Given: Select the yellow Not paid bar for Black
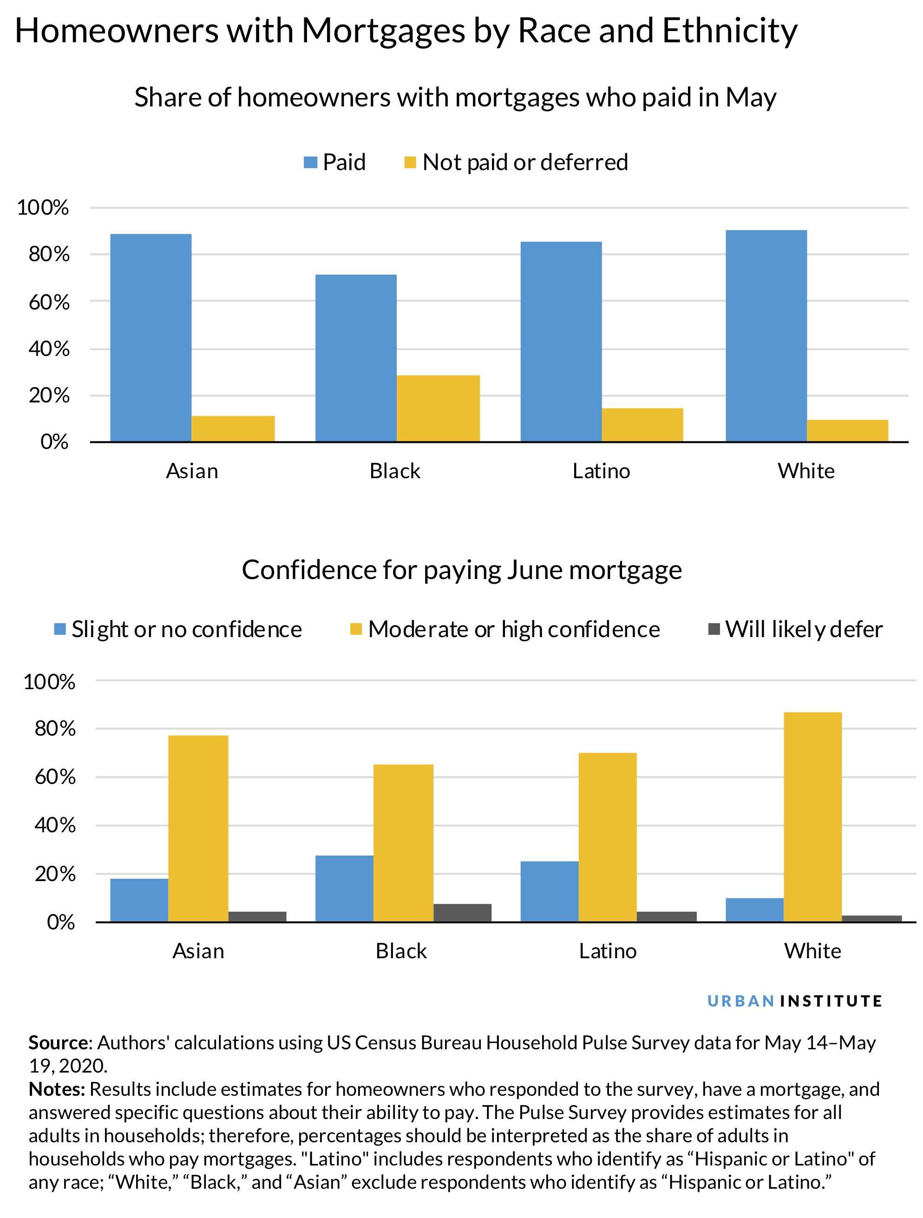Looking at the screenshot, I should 438,408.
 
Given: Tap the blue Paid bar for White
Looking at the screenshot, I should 766,336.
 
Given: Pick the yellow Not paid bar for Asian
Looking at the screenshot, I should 233,428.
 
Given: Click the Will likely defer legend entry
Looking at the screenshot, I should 795,629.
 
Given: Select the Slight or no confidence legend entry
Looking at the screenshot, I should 178,629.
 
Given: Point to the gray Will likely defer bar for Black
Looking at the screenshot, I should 462,912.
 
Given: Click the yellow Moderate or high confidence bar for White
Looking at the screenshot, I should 812,816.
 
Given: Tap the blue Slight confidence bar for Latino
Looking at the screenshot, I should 549,891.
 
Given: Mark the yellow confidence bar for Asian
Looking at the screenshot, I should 198,828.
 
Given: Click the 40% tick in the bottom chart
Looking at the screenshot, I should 55,825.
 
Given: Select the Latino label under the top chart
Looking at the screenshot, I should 601,471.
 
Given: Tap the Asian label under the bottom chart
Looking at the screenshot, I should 198,951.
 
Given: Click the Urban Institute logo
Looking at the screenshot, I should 794,1001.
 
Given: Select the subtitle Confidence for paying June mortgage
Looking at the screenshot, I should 461,570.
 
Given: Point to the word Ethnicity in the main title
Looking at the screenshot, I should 729,30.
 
